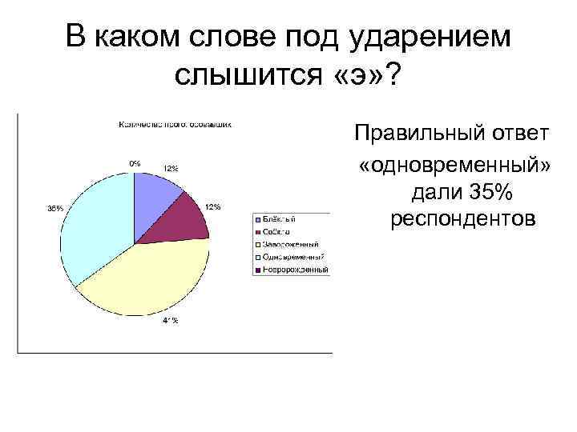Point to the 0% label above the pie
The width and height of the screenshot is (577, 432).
tap(135, 162)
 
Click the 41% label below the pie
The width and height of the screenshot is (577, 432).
tap(171, 322)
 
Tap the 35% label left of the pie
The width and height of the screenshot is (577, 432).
tap(54, 208)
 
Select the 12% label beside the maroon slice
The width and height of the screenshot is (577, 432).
tap(213, 206)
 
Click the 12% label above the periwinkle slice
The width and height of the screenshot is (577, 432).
tap(171, 168)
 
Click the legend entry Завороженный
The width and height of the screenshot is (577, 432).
tap(289, 244)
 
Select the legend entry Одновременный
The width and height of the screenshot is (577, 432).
tap(292, 257)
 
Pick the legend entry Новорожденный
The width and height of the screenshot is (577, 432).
tap(293, 270)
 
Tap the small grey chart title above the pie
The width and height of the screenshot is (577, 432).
tap(175, 125)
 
